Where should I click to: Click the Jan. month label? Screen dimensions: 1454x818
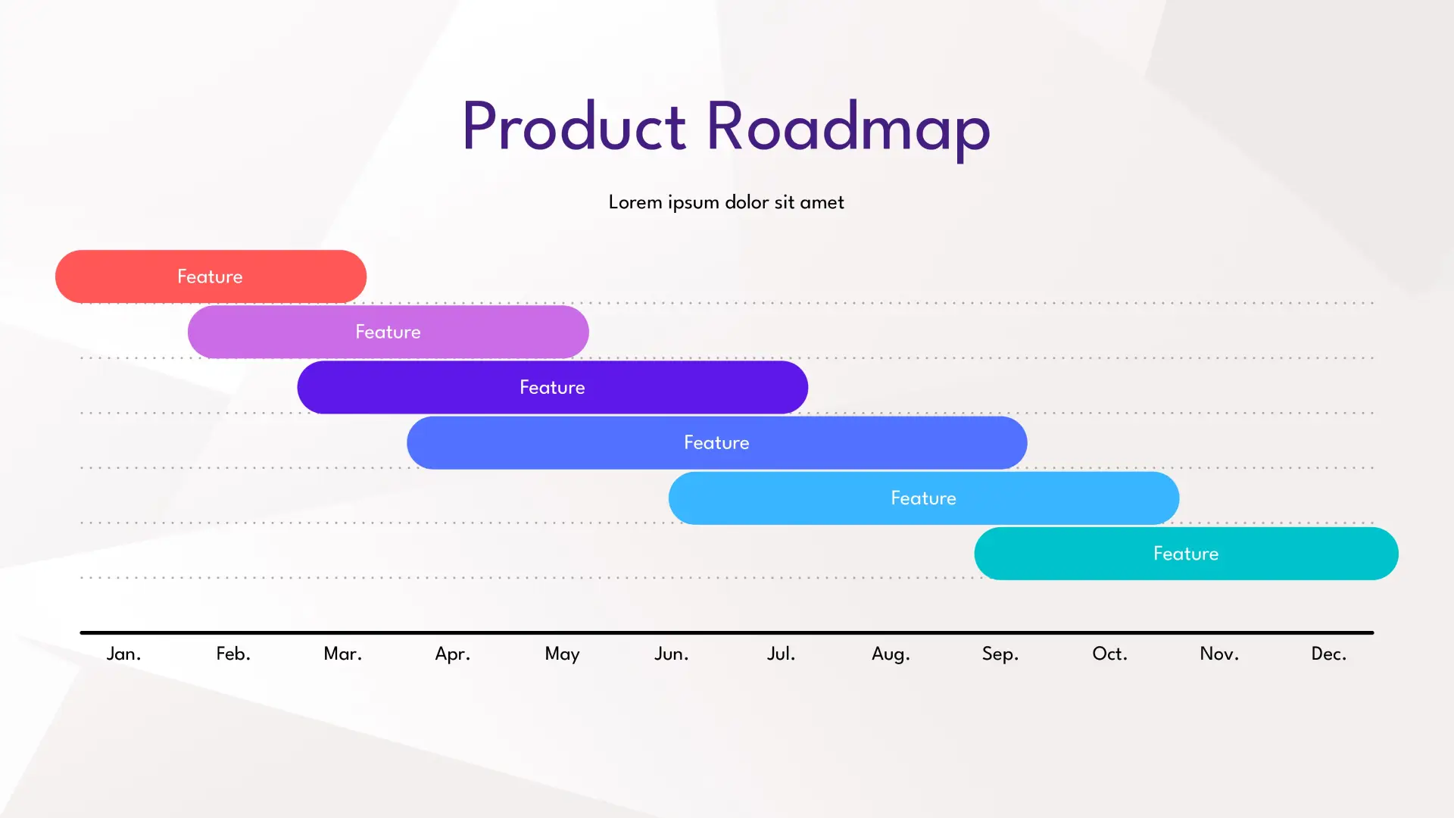tap(123, 654)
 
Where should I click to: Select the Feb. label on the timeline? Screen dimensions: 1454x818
tap(233, 654)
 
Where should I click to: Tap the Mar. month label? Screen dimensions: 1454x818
tap(342, 654)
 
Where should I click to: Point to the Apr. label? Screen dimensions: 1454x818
tap(452, 654)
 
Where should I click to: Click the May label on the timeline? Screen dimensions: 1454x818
tap(562, 654)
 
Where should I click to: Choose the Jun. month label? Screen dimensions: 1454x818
tap(672, 654)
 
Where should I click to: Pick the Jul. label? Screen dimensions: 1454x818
tap(781, 654)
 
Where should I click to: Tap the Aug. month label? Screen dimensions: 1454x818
tap(891, 654)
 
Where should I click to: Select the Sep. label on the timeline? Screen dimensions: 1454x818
tap(1000, 654)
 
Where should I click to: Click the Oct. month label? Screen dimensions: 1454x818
tap(1109, 654)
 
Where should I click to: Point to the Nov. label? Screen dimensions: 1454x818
tap(1219, 654)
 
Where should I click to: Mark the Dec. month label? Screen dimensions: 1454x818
tap(1329, 654)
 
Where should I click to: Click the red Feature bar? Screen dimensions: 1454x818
tap(211, 276)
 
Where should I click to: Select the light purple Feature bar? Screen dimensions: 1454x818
tap(388, 332)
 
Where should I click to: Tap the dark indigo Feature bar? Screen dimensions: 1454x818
tap(552, 387)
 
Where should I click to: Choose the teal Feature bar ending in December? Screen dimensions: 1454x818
tap(1186, 554)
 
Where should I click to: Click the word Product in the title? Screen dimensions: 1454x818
tap(574, 126)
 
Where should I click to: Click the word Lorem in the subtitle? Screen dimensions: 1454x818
tap(635, 202)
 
